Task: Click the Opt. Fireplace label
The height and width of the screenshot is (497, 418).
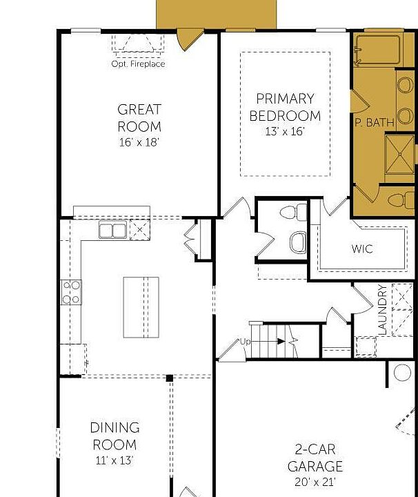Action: click(138, 64)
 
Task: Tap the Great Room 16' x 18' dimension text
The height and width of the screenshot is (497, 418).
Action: click(139, 142)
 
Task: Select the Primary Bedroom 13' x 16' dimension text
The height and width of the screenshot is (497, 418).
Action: click(285, 131)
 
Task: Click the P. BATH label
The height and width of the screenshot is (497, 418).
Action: click(375, 122)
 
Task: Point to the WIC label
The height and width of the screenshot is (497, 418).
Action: click(362, 248)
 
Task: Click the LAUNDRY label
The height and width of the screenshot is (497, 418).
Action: click(383, 309)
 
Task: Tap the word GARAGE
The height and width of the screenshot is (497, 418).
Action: click(315, 466)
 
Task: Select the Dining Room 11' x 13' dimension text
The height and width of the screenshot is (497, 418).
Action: click(115, 460)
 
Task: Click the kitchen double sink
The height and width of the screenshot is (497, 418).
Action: click(112, 230)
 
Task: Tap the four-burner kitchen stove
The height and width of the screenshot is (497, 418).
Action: click(71, 292)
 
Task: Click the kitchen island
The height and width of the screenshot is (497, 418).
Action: click(141, 307)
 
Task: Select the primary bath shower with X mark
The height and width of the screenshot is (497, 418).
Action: click(399, 155)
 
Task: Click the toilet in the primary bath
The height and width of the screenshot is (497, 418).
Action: click(401, 201)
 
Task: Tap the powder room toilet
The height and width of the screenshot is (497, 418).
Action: click(294, 212)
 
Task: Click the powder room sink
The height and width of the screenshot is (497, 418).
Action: click(298, 242)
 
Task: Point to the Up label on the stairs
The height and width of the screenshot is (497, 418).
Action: click(245, 342)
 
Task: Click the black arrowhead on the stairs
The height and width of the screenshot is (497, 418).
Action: click(281, 342)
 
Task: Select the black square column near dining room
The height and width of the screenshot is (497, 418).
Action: click(170, 378)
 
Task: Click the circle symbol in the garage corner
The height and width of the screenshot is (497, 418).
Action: click(402, 373)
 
